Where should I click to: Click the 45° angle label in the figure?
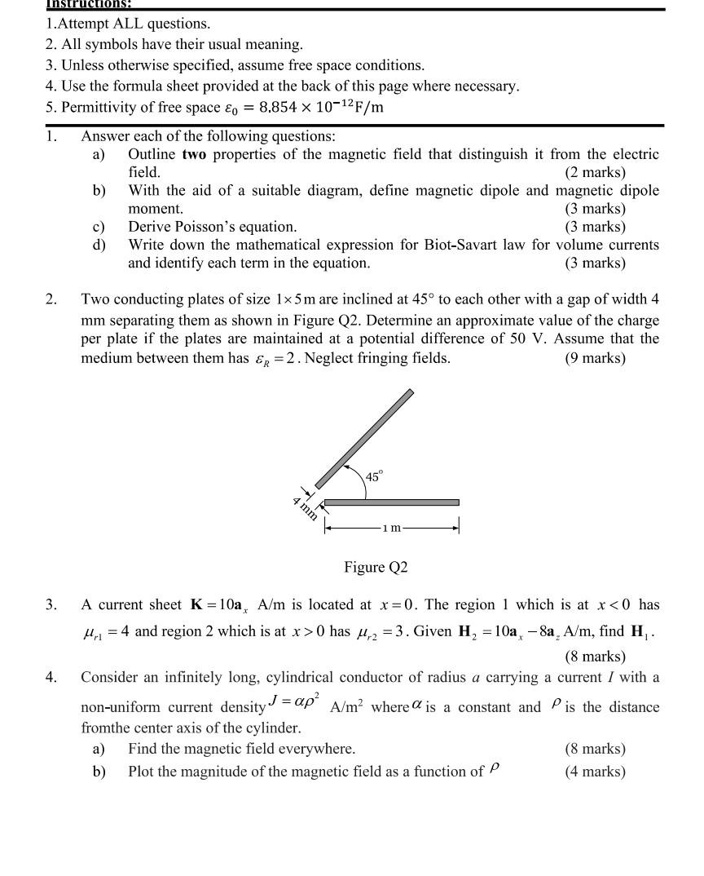click(373, 476)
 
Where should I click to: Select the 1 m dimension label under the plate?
click(393, 528)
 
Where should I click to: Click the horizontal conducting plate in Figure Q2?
click(392, 502)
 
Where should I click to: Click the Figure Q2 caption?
click(376, 567)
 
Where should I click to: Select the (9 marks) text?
click(595, 358)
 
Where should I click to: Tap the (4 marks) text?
click(595, 772)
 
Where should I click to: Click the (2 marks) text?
click(595, 172)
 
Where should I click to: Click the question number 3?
click(51, 605)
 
